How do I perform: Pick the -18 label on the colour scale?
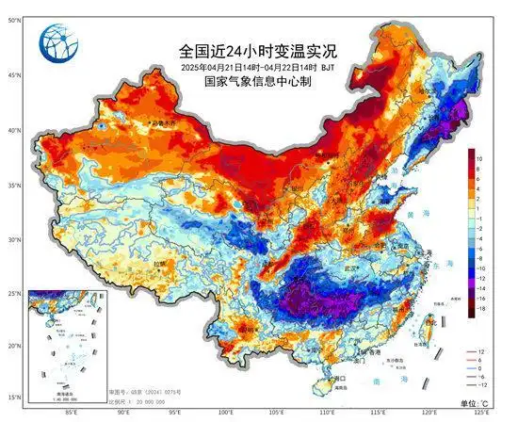coord(479,307)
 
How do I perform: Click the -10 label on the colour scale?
coord(479,266)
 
